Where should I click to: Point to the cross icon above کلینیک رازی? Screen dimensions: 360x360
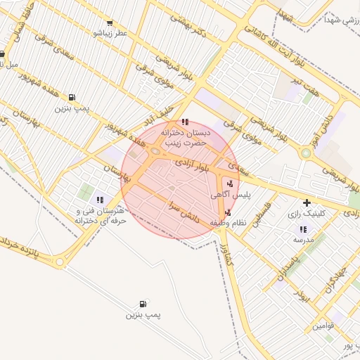tap(307, 202)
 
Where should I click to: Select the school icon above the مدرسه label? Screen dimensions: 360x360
tap(303, 229)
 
